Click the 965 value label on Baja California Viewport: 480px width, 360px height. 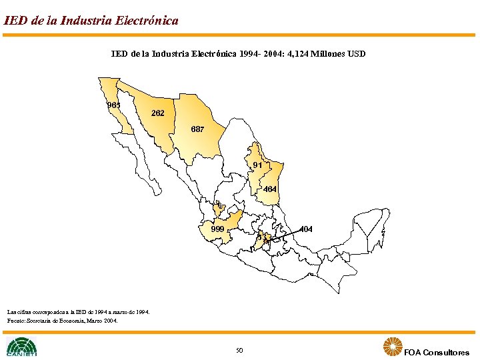coord(113,105)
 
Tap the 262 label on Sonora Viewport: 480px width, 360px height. coord(158,113)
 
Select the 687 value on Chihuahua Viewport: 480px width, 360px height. coord(197,129)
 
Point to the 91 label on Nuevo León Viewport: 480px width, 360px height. coord(258,165)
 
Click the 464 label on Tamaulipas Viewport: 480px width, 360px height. coord(270,189)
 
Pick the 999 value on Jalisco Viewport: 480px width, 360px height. coord(217,229)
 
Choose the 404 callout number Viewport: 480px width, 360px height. coord(306,229)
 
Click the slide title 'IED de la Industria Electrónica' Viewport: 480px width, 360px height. coord(91,21)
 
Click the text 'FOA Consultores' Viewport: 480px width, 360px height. coord(437,352)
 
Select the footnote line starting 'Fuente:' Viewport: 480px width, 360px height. coord(62,321)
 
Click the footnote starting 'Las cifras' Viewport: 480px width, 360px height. coord(78,311)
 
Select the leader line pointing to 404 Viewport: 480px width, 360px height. coord(283,233)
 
